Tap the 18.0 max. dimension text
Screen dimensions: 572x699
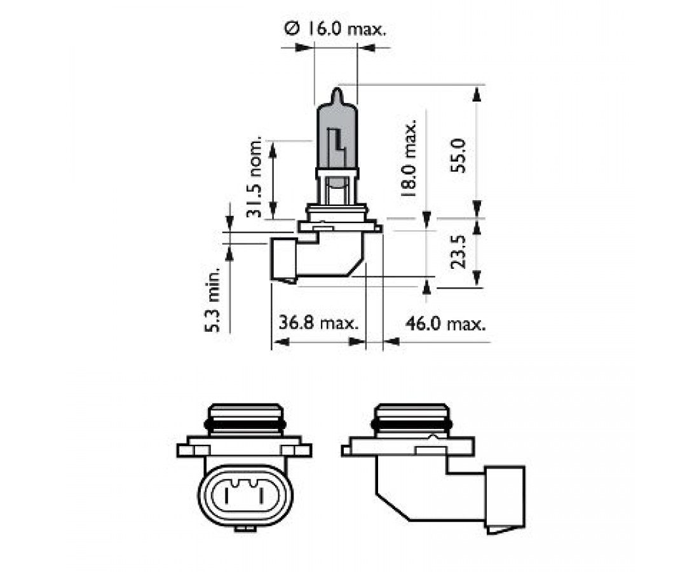410,157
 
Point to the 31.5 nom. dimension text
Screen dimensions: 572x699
255,177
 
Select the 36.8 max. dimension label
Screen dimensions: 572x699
319,323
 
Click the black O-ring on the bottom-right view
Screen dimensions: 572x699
414,423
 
